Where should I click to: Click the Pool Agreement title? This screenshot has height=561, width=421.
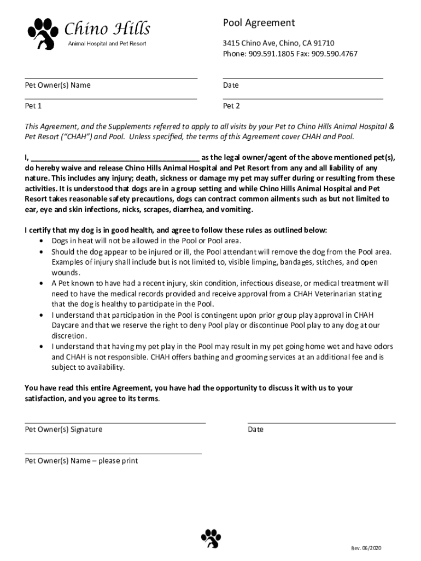tap(259, 22)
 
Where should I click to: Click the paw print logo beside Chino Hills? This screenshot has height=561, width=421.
tap(43, 33)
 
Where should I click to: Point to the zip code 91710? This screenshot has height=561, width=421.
tap(324, 43)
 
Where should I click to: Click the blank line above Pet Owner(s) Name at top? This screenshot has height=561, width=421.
tap(111, 79)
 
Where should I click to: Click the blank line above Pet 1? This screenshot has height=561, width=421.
tap(111, 99)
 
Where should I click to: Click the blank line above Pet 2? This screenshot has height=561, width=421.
tap(303, 99)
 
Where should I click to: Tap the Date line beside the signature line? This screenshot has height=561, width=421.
tap(321, 423)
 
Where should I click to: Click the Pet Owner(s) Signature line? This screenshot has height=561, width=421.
tap(115, 423)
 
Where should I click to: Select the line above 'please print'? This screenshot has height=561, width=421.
tap(113, 454)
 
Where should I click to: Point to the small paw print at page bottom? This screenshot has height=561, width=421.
tap(210, 539)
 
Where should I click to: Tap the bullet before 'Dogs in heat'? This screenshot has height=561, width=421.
tap(42, 241)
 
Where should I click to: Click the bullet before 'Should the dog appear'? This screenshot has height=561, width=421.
tap(42, 252)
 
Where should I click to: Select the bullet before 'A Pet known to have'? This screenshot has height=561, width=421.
tap(42, 284)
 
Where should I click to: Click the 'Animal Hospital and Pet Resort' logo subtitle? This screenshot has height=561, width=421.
tap(107, 43)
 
